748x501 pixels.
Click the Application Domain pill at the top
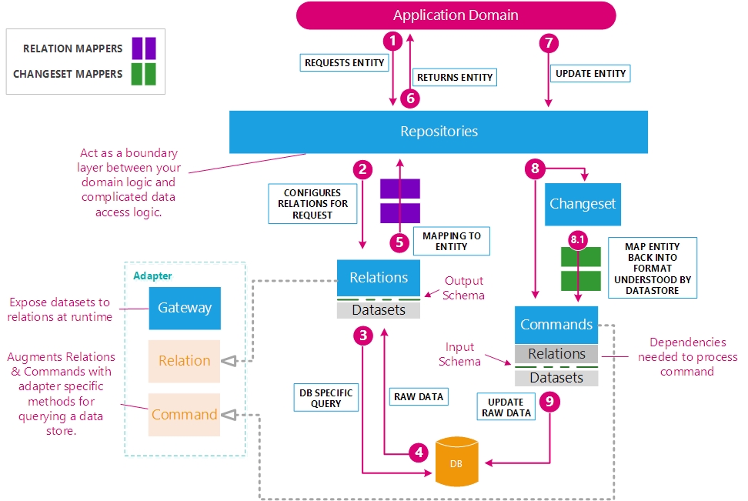click(456, 15)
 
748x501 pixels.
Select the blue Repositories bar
click(439, 132)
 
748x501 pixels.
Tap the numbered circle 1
click(393, 41)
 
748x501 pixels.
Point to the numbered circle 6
click(411, 98)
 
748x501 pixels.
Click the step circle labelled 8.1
click(577, 240)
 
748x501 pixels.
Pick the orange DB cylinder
click(457, 461)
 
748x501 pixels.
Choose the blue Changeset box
click(583, 204)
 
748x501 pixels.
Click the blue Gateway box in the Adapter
click(185, 308)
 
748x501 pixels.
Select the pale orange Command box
click(184, 415)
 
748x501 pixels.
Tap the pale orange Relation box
click(184, 361)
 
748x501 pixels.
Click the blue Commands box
click(556, 324)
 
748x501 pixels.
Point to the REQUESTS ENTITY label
click(344, 62)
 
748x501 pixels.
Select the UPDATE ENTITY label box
click(590, 73)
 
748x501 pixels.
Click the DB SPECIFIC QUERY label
click(326, 398)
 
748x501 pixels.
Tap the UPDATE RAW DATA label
click(506, 407)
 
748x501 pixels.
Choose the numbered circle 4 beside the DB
click(419, 453)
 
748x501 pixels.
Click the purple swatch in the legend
click(144, 48)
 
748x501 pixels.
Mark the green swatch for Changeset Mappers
click(144, 74)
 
